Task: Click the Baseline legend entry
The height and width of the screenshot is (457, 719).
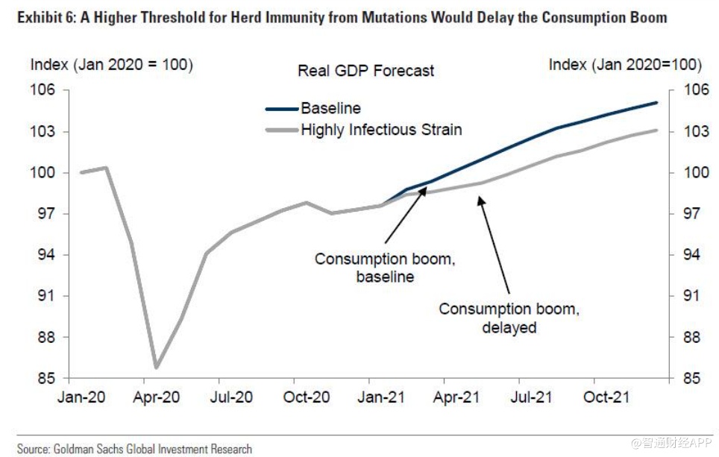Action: tap(330, 109)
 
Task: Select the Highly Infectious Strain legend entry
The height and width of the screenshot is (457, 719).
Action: tap(381, 130)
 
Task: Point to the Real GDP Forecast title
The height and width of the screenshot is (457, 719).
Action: tap(365, 71)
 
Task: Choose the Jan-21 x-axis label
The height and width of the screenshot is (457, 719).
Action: tap(382, 397)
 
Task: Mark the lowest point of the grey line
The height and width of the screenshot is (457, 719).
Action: tap(156, 368)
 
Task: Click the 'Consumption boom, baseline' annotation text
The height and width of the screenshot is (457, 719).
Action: tap(385, 268)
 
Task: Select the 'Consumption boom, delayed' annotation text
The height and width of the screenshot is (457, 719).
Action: tap(509, 318)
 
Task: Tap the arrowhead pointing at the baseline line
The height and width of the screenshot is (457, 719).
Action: tap(424, 189)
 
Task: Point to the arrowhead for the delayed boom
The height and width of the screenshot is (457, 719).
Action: tap(480, 198)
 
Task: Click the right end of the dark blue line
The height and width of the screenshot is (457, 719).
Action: tap(657, 102)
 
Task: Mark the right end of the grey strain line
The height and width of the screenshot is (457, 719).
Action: tap(657, 130)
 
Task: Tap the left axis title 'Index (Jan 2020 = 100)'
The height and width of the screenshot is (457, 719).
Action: tap(111, 64)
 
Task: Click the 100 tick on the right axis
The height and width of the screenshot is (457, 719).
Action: tap(690, 173)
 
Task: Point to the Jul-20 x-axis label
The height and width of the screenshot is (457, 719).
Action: tap(230, 397)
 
